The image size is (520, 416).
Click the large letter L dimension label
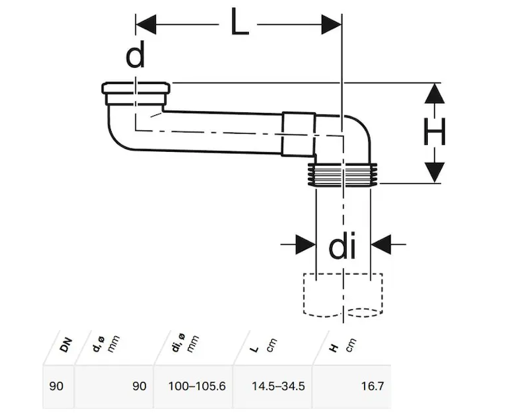pyautogui.click(x=239, y=27)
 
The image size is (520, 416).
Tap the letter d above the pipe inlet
pyautogui.click(x=135, y=56)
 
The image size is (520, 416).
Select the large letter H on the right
pyautogui.click(x=435, y=132)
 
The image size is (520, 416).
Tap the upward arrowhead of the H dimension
pyautogui.click(x=433, y=94)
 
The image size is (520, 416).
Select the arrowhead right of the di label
pyautogui.click(x=381, y=244)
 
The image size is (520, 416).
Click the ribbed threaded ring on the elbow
pyautogui.click(x=342, y=175)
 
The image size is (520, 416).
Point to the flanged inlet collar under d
pyautogui.click(x=135, y=89)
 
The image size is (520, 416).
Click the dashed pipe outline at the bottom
pyautogui.click(x=342, y=296)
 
